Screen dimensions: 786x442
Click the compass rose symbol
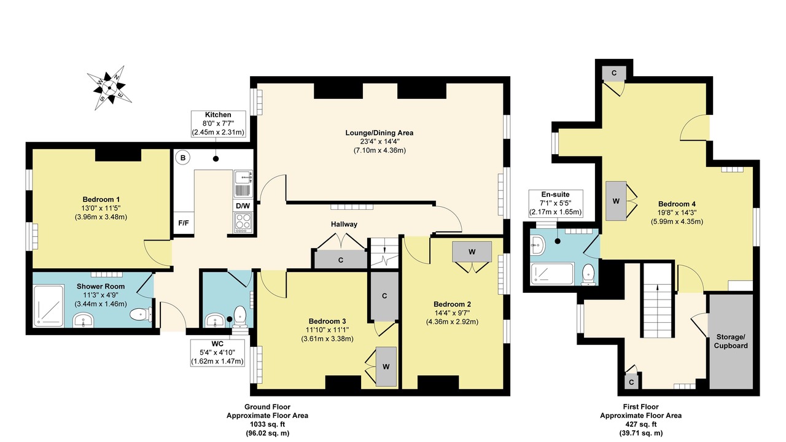tap(109, 88)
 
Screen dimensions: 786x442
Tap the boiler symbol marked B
tap(182, 158)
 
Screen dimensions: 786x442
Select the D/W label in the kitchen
tap(243, 206)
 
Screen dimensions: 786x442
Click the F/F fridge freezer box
tap(184, 223)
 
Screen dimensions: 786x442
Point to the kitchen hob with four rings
tap(243, 222)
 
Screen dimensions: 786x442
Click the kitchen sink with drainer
tap(243, 184)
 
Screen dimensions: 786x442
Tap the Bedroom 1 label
tap(101, 199)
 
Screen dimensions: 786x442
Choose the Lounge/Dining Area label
tap(379, 133)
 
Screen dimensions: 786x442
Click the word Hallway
tap(344, 224)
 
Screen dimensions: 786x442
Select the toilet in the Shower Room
tap(141, 314)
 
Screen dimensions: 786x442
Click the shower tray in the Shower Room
tap(49, 306)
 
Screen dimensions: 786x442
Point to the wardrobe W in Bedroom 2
tap(472, 252)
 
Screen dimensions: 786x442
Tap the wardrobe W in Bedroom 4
tap(616, 201)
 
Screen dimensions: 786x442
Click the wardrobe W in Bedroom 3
tap(386, 366)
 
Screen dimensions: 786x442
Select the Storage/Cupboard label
tap(731, 341)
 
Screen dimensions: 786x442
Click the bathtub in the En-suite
tap(552, 274)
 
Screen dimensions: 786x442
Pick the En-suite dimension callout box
tap(556, 203)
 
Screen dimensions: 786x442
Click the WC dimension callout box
tap(217, 352)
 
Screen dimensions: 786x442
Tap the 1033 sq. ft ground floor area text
tap(267, 424)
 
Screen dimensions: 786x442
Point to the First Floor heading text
tap(640, 406)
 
